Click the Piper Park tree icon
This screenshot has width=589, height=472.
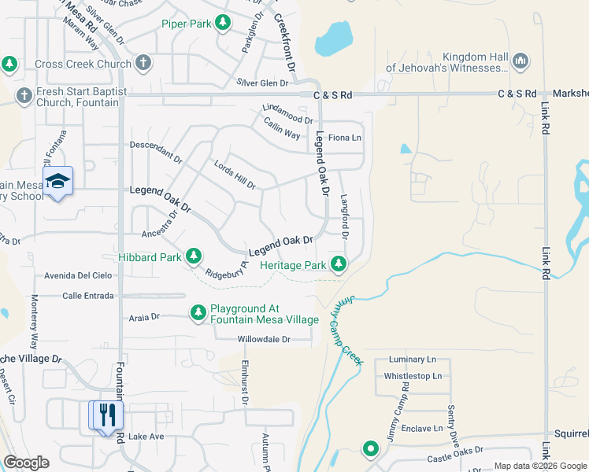pyautogui.click(x=224, y=24)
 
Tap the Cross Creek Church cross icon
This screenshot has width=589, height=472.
pyautogui.click(x=143, y=62)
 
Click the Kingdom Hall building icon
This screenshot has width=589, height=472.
pyautogui.click(x=520, y=61)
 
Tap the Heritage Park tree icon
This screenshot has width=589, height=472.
pyautogui.click(x=339, y=264)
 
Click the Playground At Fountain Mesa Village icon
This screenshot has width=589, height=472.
pyautogui.click(x=198, y=313)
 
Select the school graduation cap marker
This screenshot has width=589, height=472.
pyautogui.click(x=57, y=182)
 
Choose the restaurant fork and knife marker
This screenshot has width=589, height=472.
pyautogui.click(x=108, y=415)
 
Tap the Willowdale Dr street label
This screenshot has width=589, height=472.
pyautogui.click(x=265, y=340)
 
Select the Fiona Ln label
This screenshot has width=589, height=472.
pyautogui.click(x=344, y=138)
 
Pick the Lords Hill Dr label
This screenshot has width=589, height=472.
pyautogui.click(x=235, y=175)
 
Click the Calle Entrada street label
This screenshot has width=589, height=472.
pyautogui.click(x=89, y=296)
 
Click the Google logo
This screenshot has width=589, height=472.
pyautogui.click(x=27, y=463)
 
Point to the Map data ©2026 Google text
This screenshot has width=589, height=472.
pyautogui.click(x=539, y=465)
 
